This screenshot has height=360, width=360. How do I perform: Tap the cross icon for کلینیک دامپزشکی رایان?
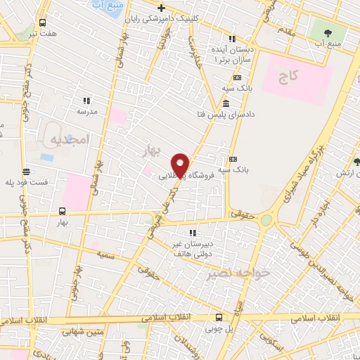(x=161, y=8)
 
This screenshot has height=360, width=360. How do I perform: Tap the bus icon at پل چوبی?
(x=219, y=317)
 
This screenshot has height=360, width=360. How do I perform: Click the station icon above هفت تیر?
(x=44, y=22)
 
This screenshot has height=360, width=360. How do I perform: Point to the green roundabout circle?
(x=266, y=220)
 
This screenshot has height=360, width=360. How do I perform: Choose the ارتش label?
(x=345, y=173)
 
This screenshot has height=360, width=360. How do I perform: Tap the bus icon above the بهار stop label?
(x=62, y=210)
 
